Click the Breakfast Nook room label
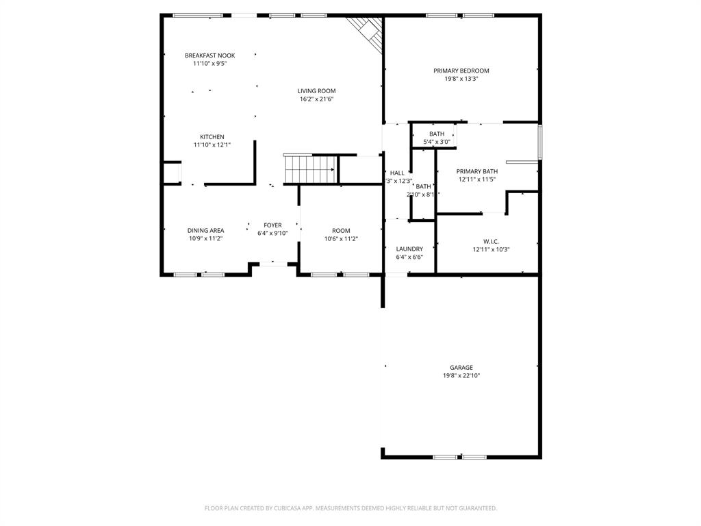[209, 55]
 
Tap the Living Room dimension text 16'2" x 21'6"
[316, 99]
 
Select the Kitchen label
[212, 137]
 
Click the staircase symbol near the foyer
[310, 168]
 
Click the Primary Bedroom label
[461, 71]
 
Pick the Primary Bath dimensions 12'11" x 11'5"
[476, 179]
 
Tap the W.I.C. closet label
[491, 241]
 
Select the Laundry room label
[409, 249]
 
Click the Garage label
[461, 368]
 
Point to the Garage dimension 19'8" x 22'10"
[461, 376]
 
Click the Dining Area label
[205, 231]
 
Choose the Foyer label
[272, 225]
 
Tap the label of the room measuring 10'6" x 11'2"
[341, 231]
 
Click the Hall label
[397, 173]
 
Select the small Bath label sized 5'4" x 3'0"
[437, 134]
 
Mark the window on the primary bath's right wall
[540, 142]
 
